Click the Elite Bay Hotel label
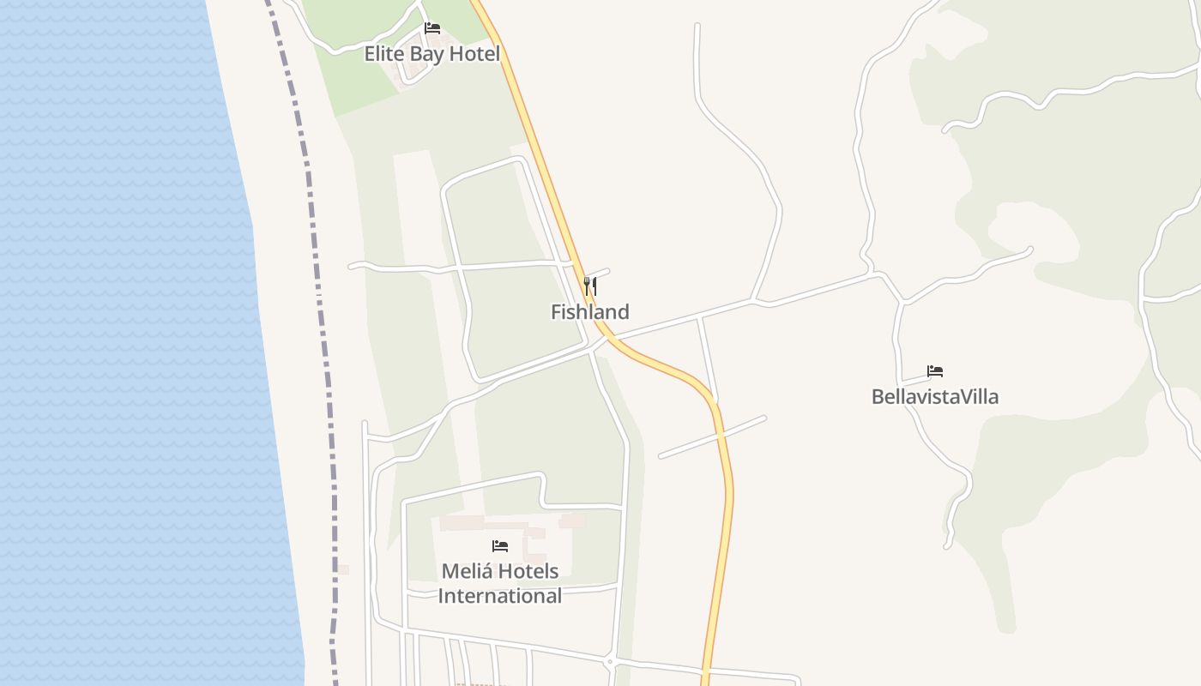click(x=432, y=54)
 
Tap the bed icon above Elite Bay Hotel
click(x=432, y=28)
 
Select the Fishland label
click(x=589, y=312)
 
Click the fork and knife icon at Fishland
click(x=590, y=286)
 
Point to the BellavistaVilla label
click(x=934, y=397)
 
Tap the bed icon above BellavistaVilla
click(x=935, y=371)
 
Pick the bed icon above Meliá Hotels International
click(x=500, y=545)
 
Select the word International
click(x=500, y=596)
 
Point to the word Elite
click(x=383, y=54)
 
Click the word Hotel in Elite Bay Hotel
click(x=480, y=54)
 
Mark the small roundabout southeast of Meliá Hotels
click(x=609, y=662)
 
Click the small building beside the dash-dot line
click(x=342, y=569)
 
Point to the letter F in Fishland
click(x=556, y=312)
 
